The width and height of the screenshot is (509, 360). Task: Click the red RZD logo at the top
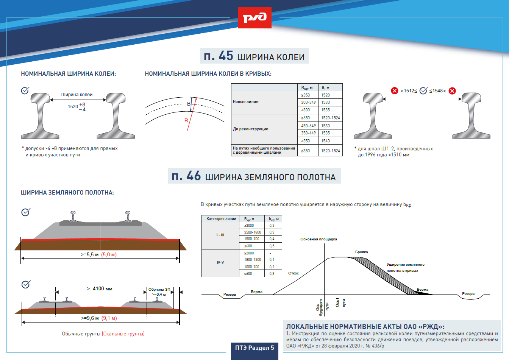(254, 18)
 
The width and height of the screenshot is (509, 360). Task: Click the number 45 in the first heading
(226, 56)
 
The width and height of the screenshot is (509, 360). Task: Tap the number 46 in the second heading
(194, 176)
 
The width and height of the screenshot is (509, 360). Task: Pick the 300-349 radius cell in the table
(308, 102)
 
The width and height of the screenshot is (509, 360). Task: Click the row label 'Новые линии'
(246, 101)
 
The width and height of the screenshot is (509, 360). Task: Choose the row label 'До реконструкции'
(250, 129)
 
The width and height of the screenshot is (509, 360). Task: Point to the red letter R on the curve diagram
(186, 120)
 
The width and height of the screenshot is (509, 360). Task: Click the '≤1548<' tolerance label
(437, 91)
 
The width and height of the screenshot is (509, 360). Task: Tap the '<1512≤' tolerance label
(409, 91)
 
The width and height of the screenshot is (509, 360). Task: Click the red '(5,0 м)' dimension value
(109, 255)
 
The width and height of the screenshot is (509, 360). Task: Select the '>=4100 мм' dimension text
(100, 288)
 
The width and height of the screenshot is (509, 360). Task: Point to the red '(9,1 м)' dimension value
(109, 318)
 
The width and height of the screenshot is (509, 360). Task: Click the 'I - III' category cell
(220, 235)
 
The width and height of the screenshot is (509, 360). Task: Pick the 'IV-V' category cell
(220, 263)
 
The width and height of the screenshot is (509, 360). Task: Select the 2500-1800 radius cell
(253, 232)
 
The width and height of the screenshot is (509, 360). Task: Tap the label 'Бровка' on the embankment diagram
(361, 252)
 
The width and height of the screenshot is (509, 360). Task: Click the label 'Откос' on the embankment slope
(294, 273)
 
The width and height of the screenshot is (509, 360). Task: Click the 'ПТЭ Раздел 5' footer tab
(254, 348)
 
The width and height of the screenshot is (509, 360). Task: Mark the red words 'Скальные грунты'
(123, 334)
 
